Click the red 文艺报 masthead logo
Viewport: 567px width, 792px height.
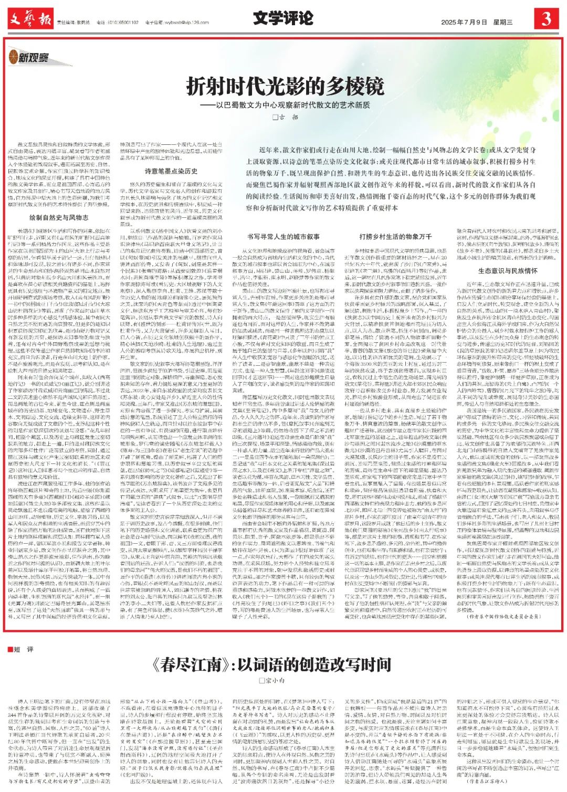point(30,19)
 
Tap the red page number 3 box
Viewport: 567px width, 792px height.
point(546,19)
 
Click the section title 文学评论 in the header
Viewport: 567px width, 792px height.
point(283,18)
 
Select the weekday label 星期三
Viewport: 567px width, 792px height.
point(502,22)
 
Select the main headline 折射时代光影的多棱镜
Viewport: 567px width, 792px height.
point(285,86)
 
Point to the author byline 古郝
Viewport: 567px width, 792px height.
point(285,118)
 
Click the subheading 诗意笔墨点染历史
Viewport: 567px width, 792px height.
point(171,171)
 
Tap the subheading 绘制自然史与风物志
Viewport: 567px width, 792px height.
point(58,217)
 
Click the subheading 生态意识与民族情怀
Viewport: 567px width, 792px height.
point(508,271)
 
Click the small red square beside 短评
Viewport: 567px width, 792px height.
point(10,649)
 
